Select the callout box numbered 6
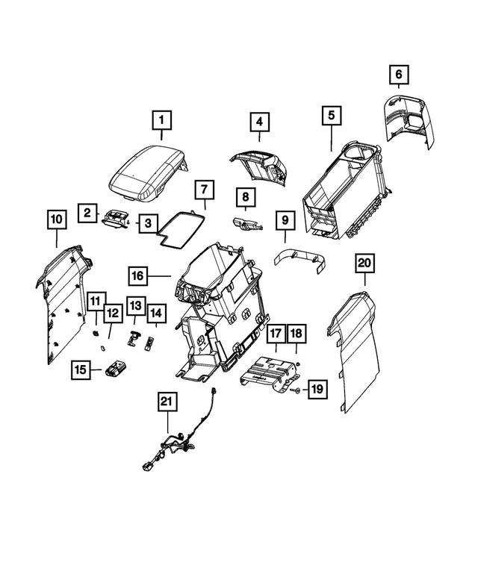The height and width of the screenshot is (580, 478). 399,74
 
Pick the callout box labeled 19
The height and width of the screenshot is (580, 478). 317,389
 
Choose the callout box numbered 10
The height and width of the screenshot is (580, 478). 56,219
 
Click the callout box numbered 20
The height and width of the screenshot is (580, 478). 364,263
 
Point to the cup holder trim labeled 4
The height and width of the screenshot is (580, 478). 258,163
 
